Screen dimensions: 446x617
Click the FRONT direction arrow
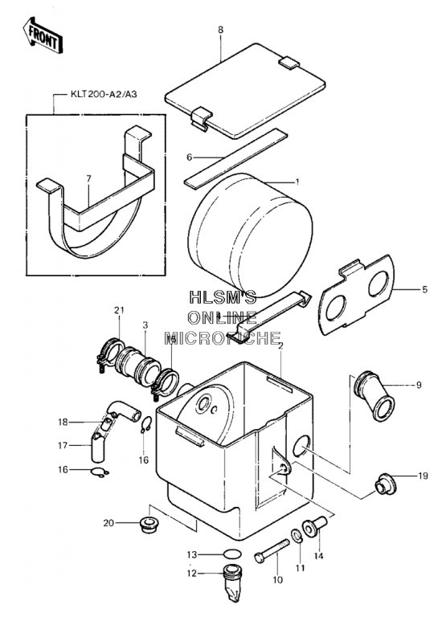[x=43, y=35]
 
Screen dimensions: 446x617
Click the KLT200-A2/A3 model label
[x=104, y=95]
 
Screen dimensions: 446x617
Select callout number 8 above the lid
[x=220, y=30]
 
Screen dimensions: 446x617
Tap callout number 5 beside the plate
[x=424, y=289]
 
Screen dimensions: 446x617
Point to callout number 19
[x=423, y=476]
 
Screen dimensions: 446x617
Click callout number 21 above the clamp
[x=119, y=310]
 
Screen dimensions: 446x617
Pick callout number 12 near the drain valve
[x=192, y=574]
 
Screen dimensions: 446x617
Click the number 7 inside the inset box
[x=88, y=178]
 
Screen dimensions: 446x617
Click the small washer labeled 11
[x=297, y=536]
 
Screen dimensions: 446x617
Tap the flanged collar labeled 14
[x=314, y=526]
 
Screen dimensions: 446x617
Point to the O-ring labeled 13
[x=232, y=554]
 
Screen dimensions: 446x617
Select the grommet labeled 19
[x=386, y=483]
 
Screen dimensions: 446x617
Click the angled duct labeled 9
[x=374, y=395]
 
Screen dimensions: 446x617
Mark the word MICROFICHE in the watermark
[x=223, y=338]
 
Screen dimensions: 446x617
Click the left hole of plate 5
[x=336, y=308]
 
